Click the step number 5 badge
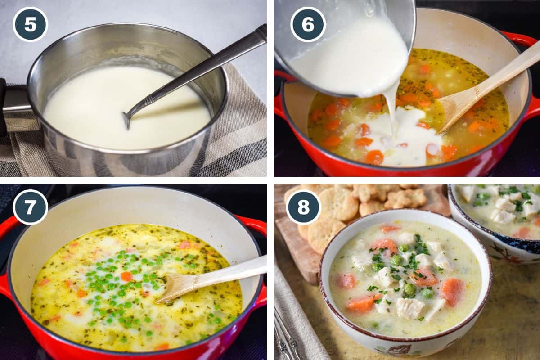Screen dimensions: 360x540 coord(30,24)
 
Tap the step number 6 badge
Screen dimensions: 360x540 coord(308,24)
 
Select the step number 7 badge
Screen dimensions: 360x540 coord(30,207)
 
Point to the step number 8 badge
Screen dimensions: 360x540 coord(304,207)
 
